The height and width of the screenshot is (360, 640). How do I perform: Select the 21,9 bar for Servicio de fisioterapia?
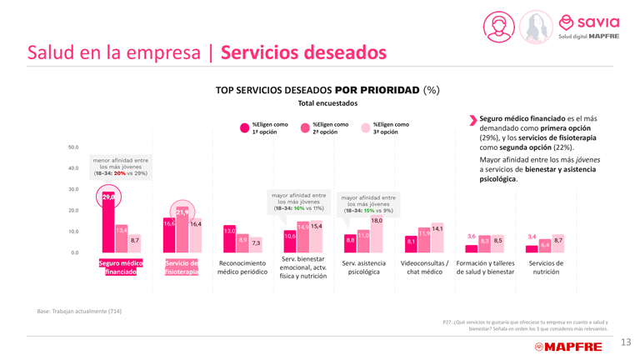tap(182, 229)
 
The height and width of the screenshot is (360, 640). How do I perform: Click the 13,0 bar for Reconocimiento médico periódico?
tap(229, 238)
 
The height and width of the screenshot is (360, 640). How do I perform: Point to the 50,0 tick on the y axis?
tap(72, 147)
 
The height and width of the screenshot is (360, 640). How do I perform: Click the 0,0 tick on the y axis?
tap(74, 252)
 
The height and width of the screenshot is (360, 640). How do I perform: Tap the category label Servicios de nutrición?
tap(546, 267)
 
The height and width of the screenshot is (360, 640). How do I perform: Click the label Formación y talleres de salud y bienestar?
tap(485, 267)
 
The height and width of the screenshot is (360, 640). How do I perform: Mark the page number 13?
tap(625, 342)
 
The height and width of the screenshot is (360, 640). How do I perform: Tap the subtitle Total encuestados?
tap(327, 103)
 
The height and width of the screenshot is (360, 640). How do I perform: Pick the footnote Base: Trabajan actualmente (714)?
tap(79, 311)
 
